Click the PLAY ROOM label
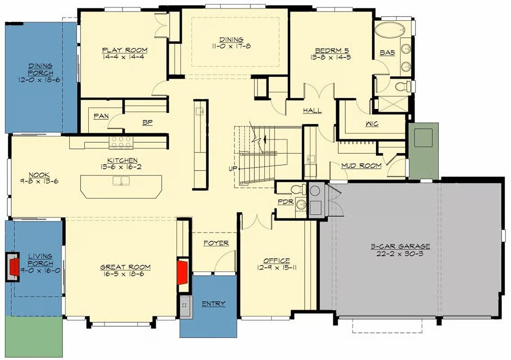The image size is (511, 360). [x=124, y=50]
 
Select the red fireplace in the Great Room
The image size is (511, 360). [x=182, y=271]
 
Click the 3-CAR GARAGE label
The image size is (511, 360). [x=400, y=246]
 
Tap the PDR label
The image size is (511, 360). [x=285, y=202]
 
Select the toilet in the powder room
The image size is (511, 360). [x=297, y=189]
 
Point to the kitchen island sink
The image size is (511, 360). [x=121, y=181]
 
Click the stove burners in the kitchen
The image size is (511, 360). [x=121, y=142]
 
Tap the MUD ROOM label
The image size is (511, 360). [x=361, y=166]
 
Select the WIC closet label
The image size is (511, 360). [x=372, y=124]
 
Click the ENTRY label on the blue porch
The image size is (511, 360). [x=213, y=304]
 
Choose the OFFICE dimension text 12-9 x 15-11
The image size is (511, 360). [x=276, y=267]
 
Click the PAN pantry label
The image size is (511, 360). [x=101, y=116]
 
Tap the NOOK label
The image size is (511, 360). [x=40, y=175]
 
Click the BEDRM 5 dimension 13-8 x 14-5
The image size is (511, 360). [x=331, y=57]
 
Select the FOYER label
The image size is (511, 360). [x=216, y=243]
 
